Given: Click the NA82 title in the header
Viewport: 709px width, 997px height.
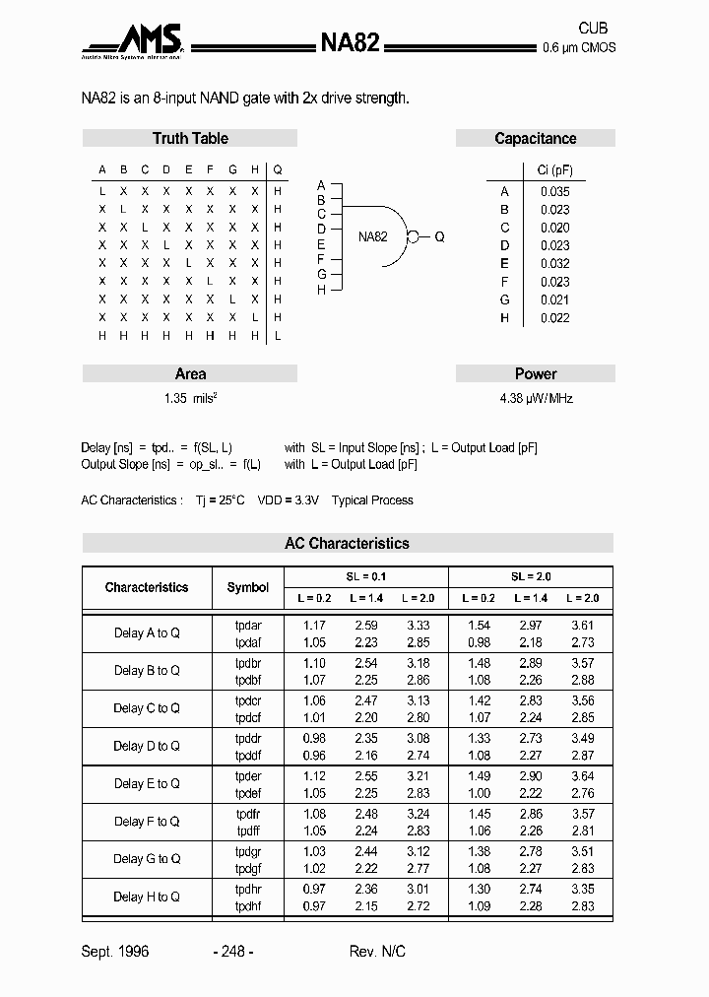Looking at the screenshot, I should (351, 42).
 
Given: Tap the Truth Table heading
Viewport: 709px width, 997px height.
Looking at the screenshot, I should (190, 139).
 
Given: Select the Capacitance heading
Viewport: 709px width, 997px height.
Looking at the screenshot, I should (535, 139).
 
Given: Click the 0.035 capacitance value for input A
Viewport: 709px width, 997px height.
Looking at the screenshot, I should (554, 192).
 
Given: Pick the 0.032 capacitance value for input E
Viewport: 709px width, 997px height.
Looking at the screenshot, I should (554, 263).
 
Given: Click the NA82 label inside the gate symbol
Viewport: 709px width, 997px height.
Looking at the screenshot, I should (372, 236).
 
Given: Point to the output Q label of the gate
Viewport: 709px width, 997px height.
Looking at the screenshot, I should (439, 236).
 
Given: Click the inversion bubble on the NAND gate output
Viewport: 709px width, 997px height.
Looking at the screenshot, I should (414, 236).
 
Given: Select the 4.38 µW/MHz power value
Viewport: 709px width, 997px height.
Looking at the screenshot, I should (535, 398).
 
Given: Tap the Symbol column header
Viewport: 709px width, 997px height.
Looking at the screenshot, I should (247, 587).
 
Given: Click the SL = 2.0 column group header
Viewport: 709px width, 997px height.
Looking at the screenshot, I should (530, 576).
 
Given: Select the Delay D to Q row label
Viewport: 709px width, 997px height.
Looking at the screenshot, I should (147, 746).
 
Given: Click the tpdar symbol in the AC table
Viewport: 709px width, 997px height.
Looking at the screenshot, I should (248, 625).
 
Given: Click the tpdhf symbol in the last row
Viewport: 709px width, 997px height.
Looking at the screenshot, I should (248, 905).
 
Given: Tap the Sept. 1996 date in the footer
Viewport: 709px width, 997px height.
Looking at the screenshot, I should (114, 951).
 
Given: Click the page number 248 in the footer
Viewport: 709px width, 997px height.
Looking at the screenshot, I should (233, 951).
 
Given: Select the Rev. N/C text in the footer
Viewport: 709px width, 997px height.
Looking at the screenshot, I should (377, 951).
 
